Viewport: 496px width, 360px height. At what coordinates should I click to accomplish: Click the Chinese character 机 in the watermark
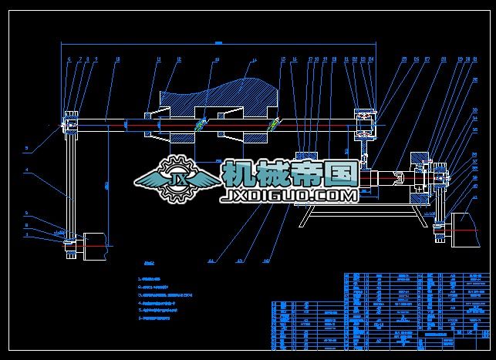pos(238,174)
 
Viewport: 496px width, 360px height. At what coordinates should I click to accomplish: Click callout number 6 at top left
pos(69,59)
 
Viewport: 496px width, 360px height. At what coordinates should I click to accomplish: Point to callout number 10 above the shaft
pos(117,59)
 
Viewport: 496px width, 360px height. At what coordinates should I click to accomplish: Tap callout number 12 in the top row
pos(179,59)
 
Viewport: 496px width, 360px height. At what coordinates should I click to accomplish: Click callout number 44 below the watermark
pos(210,261)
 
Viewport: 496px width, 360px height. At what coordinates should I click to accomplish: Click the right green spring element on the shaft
pos(272,125)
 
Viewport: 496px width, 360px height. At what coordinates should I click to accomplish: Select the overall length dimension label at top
pos(218,42)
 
